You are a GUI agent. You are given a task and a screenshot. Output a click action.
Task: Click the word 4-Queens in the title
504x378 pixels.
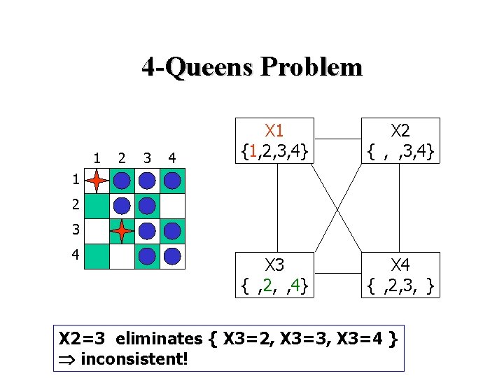tap(197, 67)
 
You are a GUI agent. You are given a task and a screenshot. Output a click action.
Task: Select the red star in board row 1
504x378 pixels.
tap(97, 181)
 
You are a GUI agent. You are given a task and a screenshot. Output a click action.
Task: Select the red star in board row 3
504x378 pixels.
tap(122, 230)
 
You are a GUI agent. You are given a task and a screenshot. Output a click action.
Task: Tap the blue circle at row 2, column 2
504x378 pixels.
tap(122, 206)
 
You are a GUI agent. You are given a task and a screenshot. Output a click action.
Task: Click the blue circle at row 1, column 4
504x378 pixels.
tap(172, 181)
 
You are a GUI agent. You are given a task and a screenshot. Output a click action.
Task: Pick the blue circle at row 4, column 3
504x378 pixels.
tap(147, 255)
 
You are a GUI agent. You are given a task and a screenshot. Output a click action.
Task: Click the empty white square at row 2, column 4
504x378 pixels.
tap(172, 206)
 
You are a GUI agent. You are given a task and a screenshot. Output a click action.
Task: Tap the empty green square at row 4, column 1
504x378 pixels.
tap(97, 255)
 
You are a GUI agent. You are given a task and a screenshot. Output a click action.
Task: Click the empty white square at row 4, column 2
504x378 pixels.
tap(122, 255)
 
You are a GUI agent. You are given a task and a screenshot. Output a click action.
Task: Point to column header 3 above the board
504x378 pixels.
tap(146, 157)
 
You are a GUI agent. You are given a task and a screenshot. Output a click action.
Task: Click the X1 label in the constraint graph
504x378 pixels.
tap(274, 129)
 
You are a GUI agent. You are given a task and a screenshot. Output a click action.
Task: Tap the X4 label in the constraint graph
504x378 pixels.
tap(400, 265)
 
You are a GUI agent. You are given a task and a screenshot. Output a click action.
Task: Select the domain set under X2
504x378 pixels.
tap(400, 150)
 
